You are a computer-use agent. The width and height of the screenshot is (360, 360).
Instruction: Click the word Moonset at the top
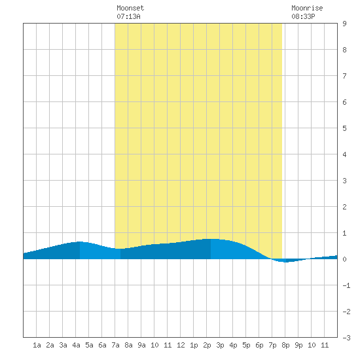(x=130, y=8)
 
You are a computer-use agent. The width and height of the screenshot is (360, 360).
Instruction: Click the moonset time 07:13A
(x=128, y=16)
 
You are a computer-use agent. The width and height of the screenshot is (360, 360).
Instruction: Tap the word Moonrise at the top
(x=307, y=8)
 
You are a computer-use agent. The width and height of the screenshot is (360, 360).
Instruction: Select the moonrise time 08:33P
(x=303, y=16)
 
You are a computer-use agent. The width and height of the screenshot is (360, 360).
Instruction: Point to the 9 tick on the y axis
(x=344, y=24)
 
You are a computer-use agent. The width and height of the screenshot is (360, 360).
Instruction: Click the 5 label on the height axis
(x=344, y=128)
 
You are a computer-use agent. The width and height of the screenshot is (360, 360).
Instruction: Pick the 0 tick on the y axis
(x=344, y=259)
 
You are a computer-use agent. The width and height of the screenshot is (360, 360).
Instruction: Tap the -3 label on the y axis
(x=346, y=338)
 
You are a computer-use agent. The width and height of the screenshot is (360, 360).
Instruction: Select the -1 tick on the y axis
(x=346, y=285)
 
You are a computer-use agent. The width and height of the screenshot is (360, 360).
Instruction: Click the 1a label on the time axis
(x=37, y=345)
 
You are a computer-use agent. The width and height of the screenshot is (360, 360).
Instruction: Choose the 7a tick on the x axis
(x=115, y=345)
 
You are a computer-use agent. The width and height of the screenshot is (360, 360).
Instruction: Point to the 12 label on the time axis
(x=181, y=345)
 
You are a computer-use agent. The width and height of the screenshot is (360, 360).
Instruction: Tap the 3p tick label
(x=220, y=346)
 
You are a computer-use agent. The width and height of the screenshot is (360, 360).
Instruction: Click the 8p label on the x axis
(x=285, y=346)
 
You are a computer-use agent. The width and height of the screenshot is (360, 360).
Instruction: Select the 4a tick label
(x=76, y=345)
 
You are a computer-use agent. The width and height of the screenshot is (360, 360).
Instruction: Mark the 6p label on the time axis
(x=259, y=346)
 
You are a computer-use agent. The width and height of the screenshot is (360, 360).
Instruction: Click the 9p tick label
(x=298, y=346)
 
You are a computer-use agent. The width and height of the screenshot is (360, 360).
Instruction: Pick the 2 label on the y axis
(x=344, y=207)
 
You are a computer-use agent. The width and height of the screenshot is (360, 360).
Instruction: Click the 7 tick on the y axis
(x=344, y=76)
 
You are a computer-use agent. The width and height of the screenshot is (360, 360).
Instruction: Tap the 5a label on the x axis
(x=89, y=345)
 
